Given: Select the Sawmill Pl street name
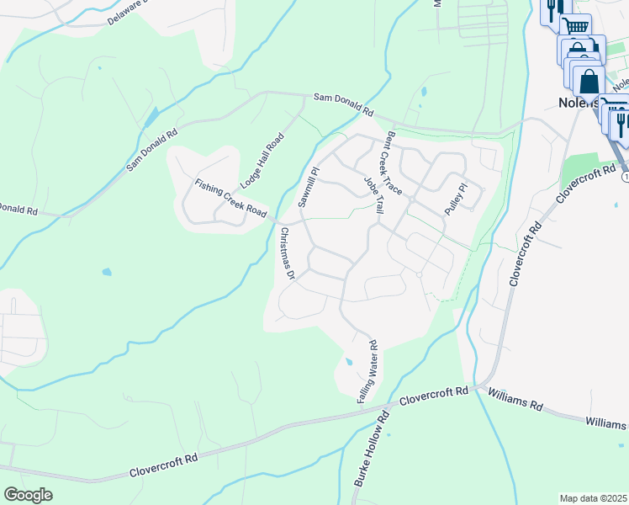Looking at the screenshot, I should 309,187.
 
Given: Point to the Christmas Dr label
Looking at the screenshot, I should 287,253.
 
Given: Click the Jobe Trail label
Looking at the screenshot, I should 373,193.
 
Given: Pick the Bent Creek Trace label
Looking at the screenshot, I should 394,163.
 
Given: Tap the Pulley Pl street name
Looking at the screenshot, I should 456,199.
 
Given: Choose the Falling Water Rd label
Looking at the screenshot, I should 369,371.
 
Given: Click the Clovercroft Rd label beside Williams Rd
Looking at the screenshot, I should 433,396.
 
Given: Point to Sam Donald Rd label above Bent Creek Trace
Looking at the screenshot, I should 343,104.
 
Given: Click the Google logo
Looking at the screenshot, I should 28,495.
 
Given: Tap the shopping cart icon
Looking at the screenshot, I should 576,26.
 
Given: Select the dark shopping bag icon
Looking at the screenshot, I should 589,82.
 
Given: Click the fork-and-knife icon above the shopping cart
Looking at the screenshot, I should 552,9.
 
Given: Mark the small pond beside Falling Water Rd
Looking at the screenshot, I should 349,363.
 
